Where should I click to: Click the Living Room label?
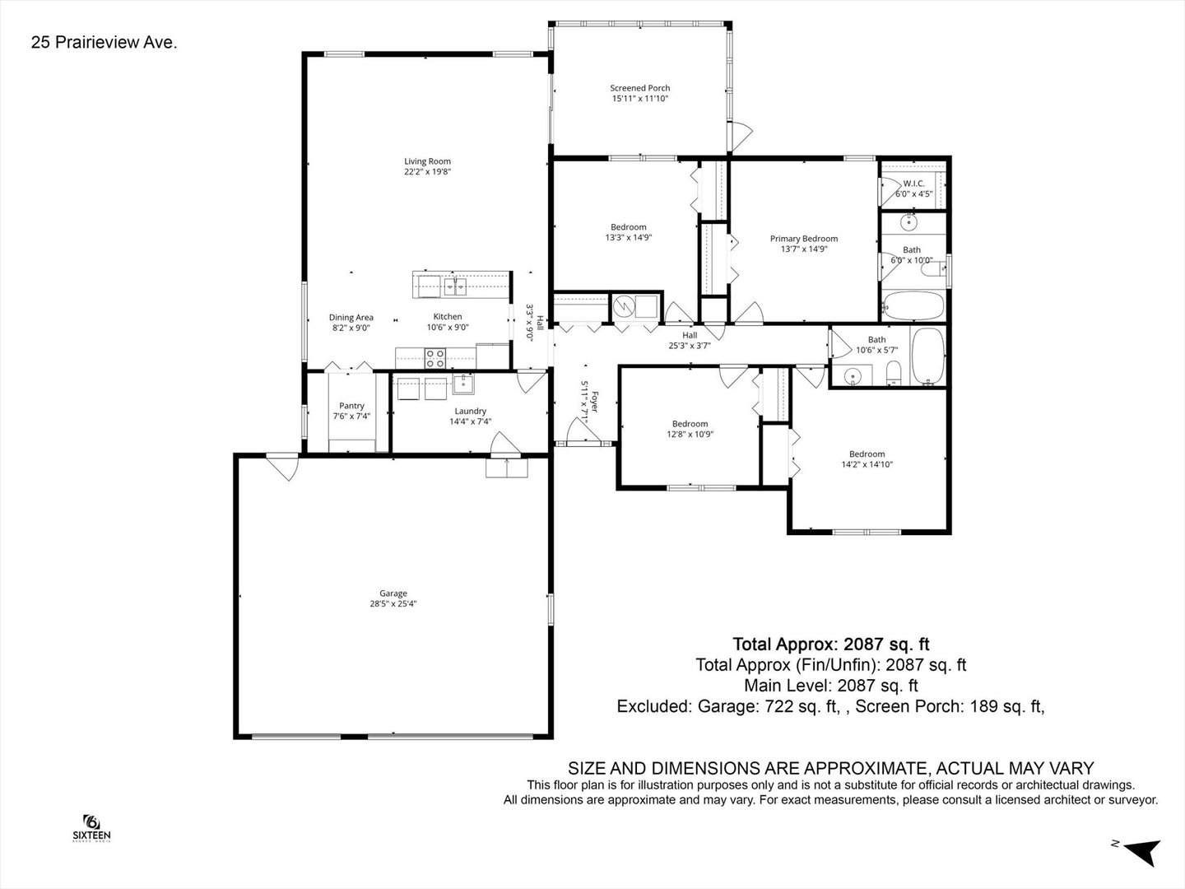427,161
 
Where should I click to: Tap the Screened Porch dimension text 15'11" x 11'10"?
639,99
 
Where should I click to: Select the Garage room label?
393,593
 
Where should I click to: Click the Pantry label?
351,406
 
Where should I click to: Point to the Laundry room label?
470,412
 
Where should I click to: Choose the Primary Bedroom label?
804,239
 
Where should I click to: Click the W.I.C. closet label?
914,184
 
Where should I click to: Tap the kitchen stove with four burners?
435,358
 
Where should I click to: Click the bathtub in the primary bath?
913,306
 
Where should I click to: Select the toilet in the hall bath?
894,373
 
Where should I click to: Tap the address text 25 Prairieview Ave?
105,42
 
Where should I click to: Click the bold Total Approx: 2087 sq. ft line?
831,644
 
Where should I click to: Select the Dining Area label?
351,318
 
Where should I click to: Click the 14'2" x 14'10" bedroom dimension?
867,464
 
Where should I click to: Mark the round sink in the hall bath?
853,375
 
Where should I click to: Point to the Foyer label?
595,402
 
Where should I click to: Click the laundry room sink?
463,384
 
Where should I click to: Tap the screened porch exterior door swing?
740,137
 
